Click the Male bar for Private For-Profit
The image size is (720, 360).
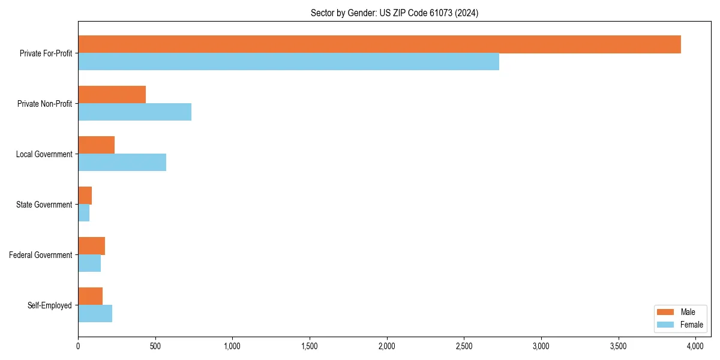point(379,44)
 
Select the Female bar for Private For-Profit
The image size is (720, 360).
point(289,62)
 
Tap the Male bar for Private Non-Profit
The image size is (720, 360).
point(112,95)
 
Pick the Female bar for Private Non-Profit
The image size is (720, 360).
point(134,112)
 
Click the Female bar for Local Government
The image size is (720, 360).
point(122,163)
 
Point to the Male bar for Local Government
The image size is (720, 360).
point(96,145)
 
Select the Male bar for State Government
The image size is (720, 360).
point(85,196)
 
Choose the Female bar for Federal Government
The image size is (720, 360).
point(89,263)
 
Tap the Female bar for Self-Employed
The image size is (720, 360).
point(95,314)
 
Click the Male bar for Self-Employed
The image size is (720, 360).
point(90,296)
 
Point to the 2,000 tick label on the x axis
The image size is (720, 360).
point(387,347)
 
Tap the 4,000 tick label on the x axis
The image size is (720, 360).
point(695,347)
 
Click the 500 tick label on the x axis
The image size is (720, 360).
point(155,347)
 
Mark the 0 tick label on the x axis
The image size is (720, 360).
point(78,347)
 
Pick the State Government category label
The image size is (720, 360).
point(44,205)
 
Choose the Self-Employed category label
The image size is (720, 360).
point(50,305)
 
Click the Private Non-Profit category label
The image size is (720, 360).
point(44,104)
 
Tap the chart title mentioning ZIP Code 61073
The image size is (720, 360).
point(394,13)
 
